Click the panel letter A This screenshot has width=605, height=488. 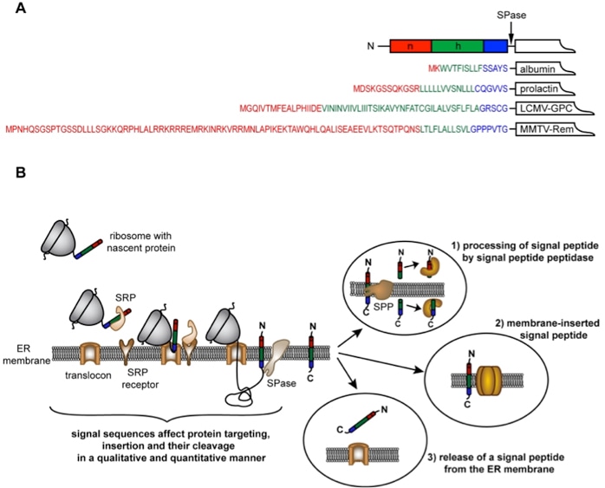tap(11, 10)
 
